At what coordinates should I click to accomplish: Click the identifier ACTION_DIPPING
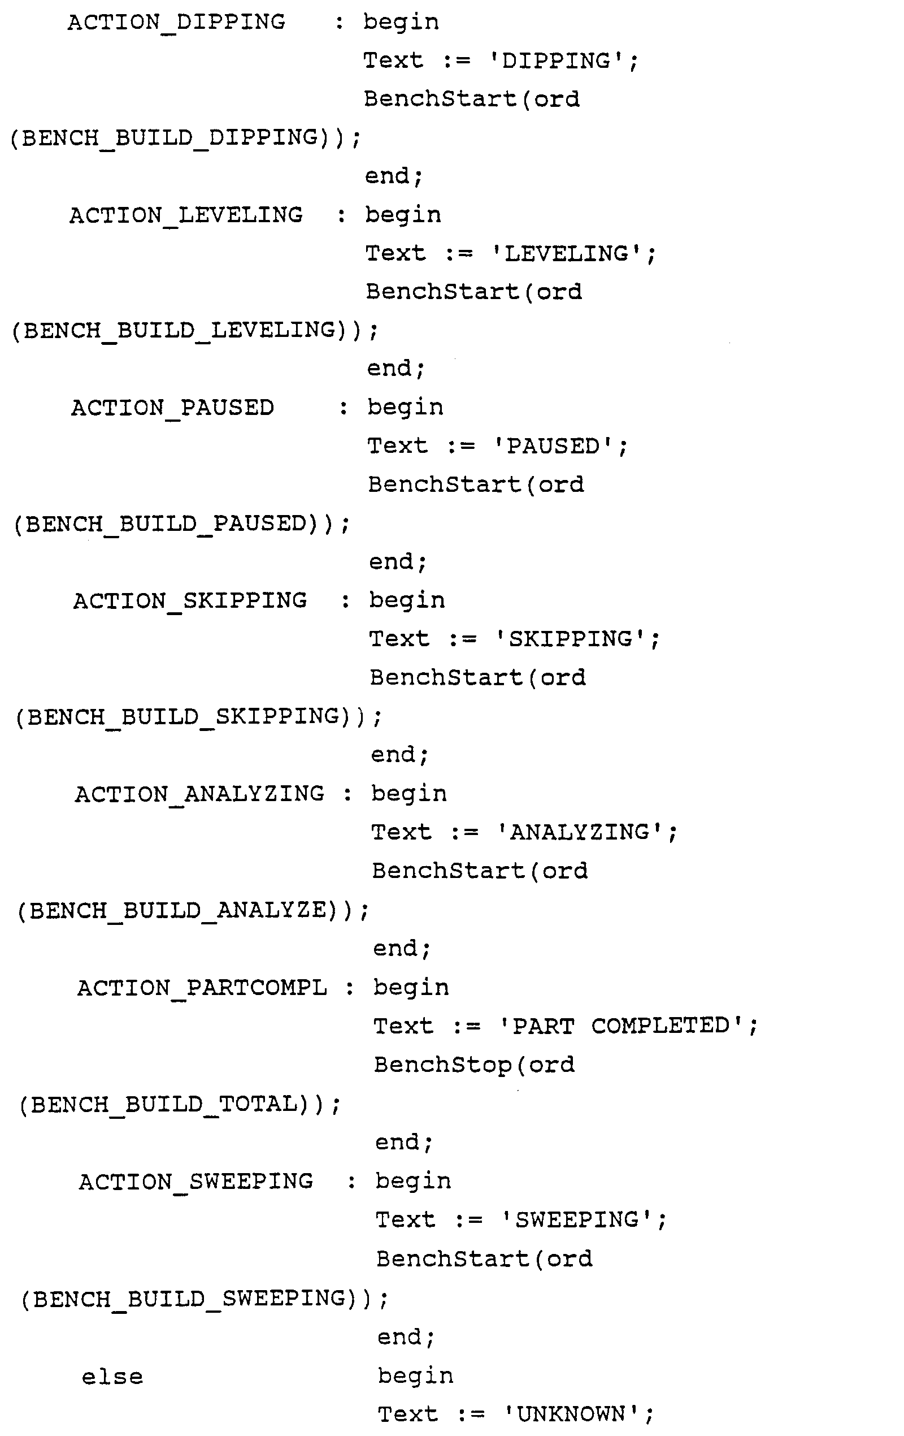(176, 23)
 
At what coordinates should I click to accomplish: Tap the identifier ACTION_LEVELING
(185, 215)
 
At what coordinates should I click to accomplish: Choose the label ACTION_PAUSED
(172, 408)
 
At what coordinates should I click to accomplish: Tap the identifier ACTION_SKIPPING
(189, 601)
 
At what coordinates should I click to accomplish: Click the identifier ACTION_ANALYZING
(199, 794)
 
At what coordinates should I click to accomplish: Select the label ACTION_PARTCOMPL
(202, 988)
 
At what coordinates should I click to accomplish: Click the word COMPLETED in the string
(660, 1026)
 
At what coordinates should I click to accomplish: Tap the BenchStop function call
(442, 1065)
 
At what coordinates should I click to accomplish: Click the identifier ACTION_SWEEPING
(195, 1182)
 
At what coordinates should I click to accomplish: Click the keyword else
(112, 1377)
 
